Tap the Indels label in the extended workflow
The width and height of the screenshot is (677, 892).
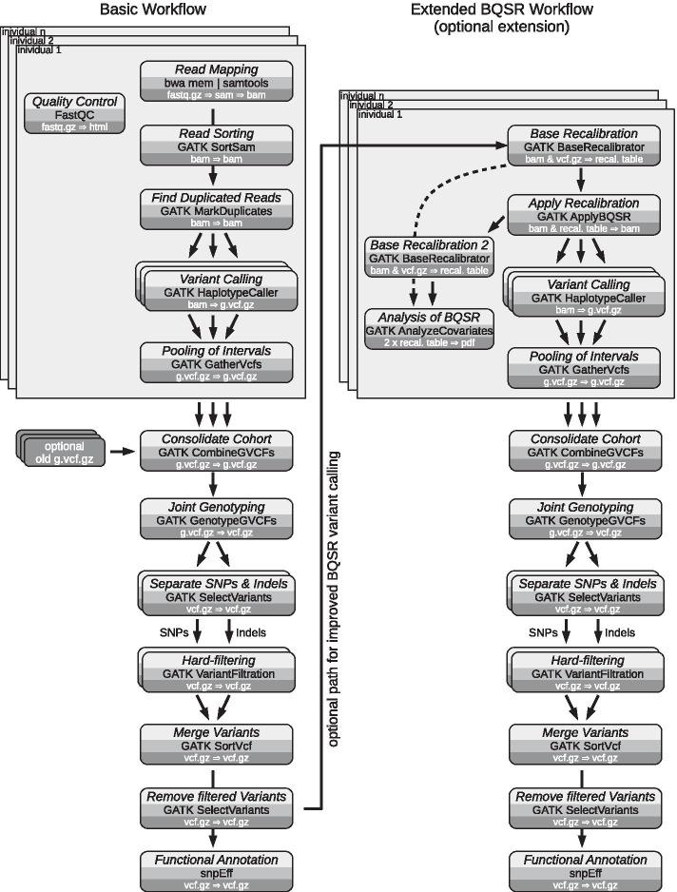pyautogui.click(x=620, y=631)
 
